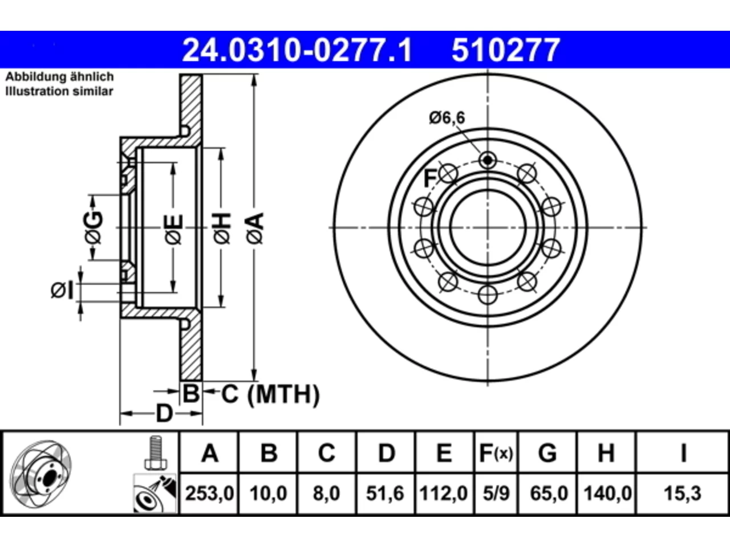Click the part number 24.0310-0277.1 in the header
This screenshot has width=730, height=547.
click(297, 50)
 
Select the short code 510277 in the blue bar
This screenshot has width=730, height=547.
click(506, 50)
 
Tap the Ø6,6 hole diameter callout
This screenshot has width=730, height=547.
click(447, 118)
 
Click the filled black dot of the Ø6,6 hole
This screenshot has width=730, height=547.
click(488, 161)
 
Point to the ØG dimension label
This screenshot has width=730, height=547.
click(94, 227)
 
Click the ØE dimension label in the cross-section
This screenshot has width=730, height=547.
click(174, 230)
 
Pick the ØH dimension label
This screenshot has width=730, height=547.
click(222, 229)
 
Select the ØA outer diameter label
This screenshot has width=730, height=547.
click(255, 229)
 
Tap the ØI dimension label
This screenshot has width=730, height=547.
click(62, 291)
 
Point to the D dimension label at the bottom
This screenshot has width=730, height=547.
click(164, 414)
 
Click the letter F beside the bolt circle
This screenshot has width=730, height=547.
click(430, 178)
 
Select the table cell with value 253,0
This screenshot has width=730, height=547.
click(209, 493)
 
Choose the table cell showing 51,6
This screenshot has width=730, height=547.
click(385, 493)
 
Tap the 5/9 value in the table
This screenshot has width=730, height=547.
click(496, 493)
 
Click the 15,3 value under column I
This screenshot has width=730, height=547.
click(683, 493)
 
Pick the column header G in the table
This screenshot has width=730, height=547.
click(547, 452)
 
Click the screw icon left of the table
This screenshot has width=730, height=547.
click(155, 452)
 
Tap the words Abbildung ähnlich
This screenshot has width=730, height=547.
click(60, 77)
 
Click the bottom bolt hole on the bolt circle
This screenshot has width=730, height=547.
click(488, 295)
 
